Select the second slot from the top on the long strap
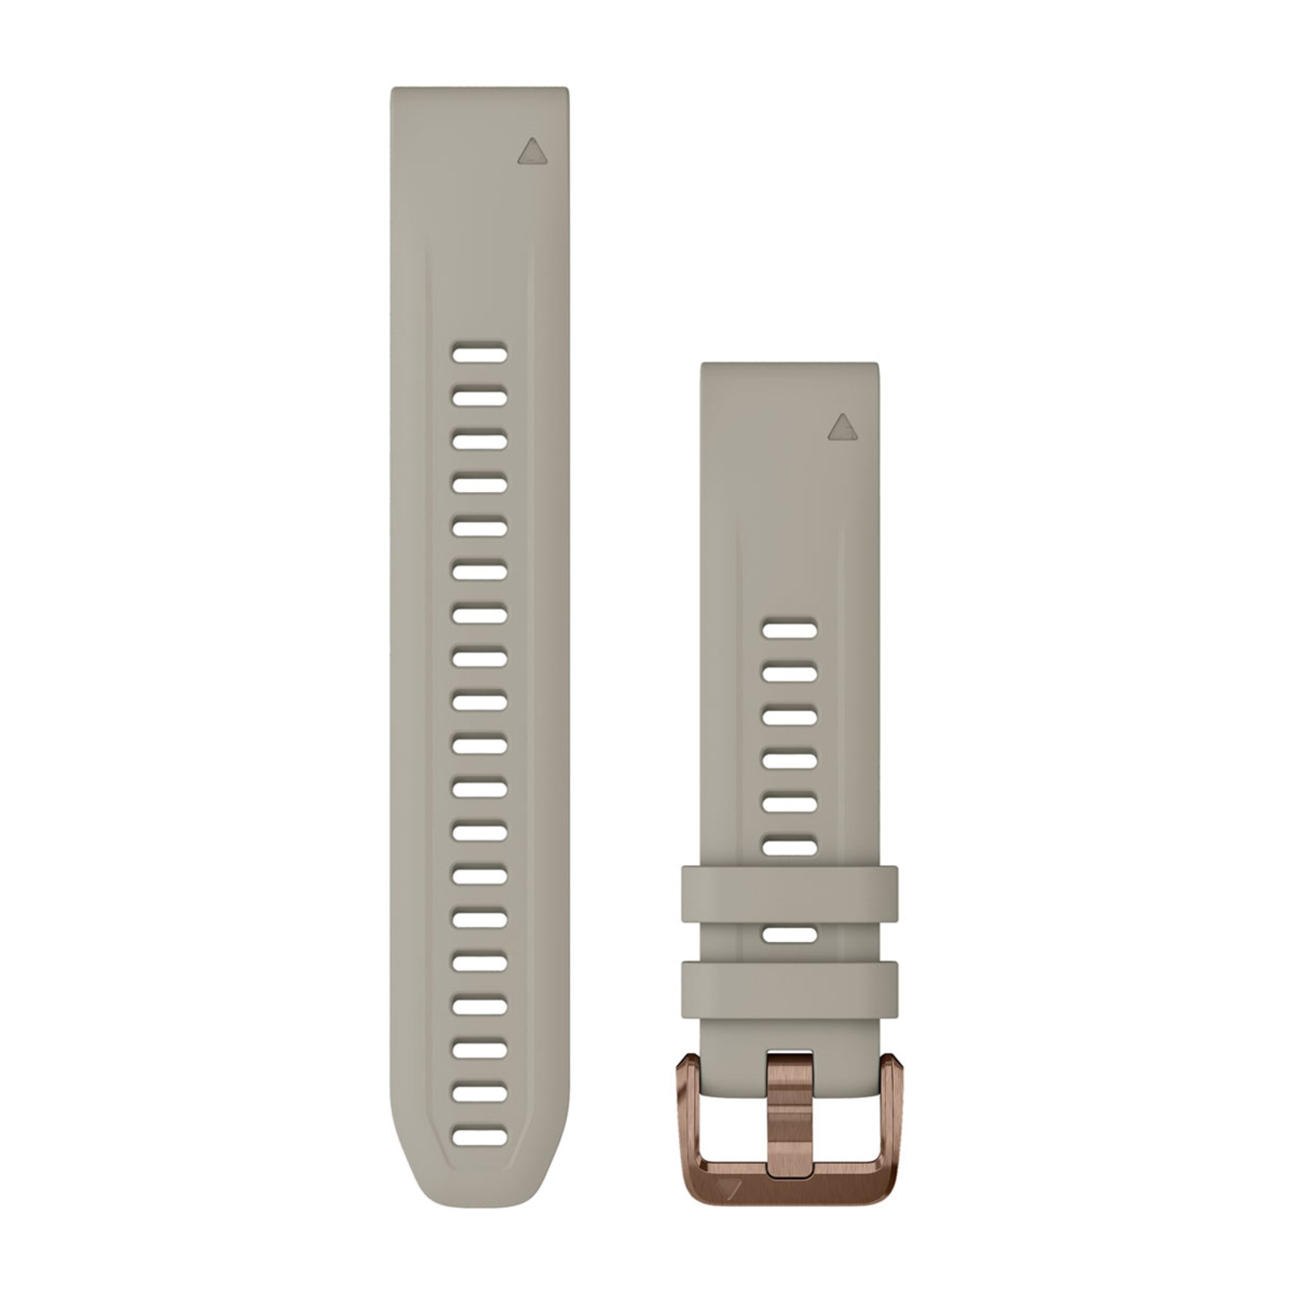pyautogui.click(x=479, y=397)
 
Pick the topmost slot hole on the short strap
pyautogui.click(x=789, y=630)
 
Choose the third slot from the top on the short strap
pyautogui.click(x=789, y=717)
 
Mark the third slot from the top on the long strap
pyautogui.click(x=479, y=441)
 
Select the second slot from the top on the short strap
pyautogui.click(x=789, y=673)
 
